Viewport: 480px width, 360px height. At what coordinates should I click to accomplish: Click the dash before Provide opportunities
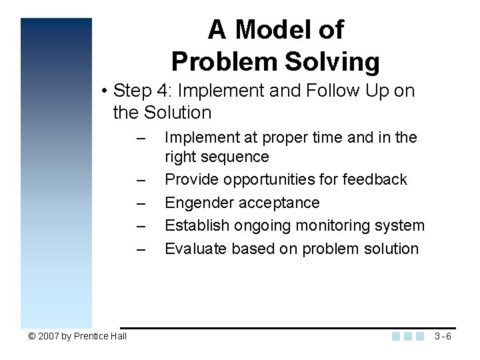tap(140, 180)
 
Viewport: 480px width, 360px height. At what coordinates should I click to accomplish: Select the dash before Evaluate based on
tap(140, 249)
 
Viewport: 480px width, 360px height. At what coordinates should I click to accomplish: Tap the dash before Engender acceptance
tap(140, 203)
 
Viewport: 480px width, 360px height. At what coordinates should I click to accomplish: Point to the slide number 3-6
tap(442, 336)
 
